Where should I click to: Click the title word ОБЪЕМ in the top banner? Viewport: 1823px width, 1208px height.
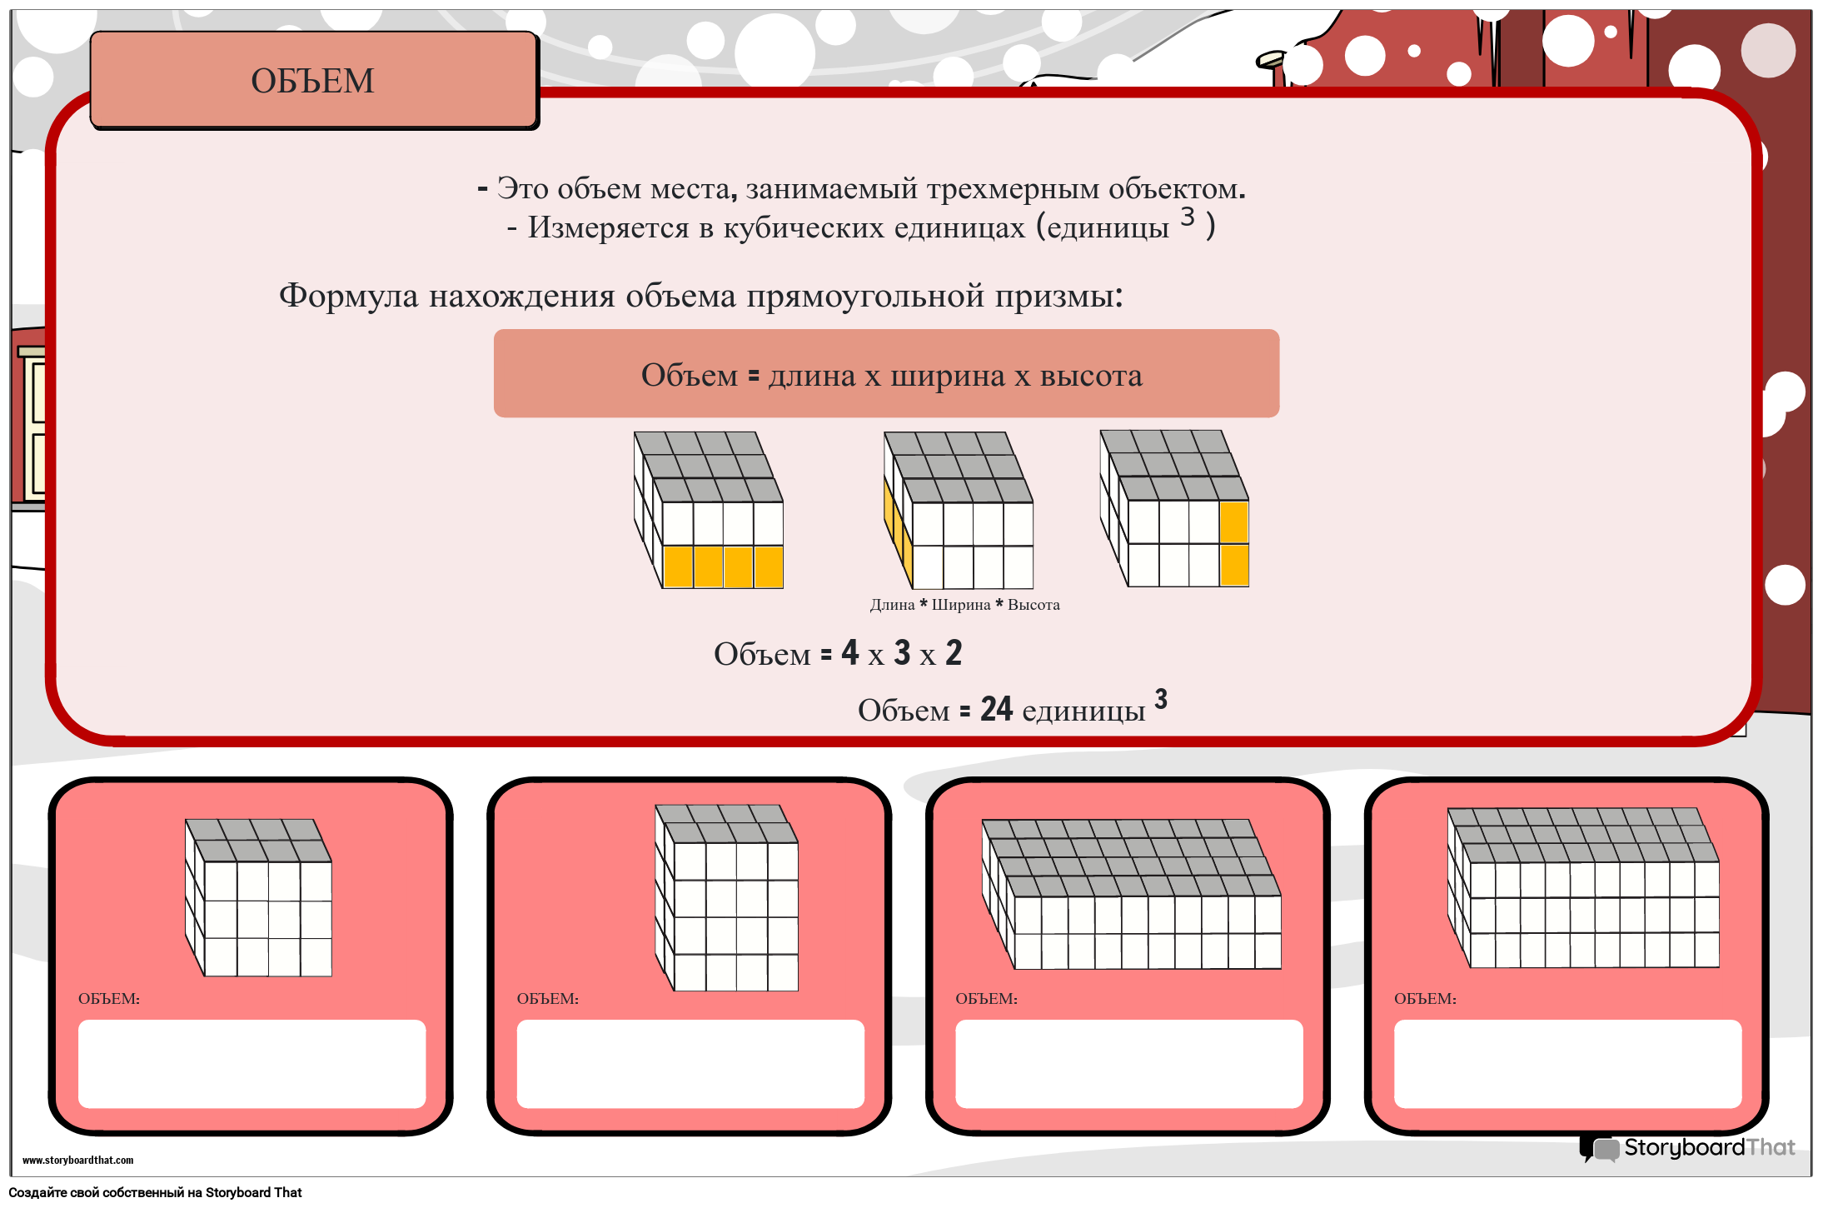312,81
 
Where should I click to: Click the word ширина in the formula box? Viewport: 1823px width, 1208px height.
948,377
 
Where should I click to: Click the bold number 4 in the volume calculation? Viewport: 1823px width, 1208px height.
849,652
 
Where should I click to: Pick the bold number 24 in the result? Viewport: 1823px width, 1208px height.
996,709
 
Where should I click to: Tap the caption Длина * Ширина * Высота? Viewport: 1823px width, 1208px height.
964,605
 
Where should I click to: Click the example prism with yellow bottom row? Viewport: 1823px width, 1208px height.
709,510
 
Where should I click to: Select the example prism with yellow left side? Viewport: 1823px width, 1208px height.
959,510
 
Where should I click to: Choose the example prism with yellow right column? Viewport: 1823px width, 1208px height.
1174,508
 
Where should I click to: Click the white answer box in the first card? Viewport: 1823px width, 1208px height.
252,1064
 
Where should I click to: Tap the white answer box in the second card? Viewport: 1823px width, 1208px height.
690,1064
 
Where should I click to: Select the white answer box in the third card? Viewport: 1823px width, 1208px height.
1129,1064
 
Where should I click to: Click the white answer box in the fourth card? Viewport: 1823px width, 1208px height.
1568,1064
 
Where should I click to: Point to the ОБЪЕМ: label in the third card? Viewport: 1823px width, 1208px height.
986,999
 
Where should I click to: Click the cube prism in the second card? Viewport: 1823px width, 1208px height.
726,897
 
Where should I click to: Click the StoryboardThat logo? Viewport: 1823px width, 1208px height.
1687,1148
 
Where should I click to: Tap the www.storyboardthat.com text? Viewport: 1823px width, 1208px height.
77,1160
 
